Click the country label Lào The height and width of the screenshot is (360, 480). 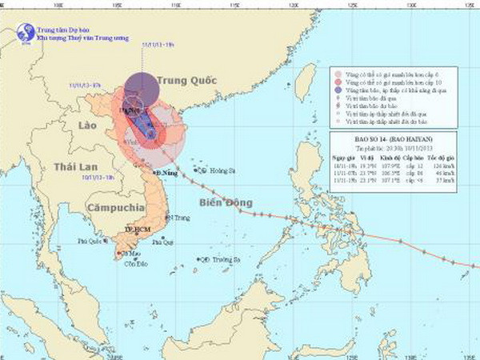[90, 126]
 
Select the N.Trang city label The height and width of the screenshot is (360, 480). [178, 217]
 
